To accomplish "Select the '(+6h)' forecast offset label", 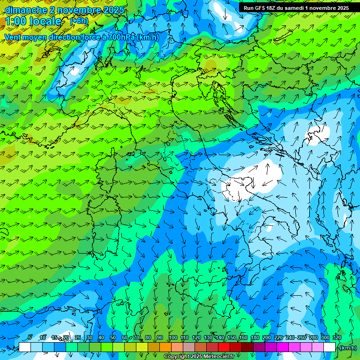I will (x=79, y=21).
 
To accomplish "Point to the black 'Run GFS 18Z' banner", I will (x=296, y=8).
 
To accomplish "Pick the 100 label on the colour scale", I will (x=173, y=338).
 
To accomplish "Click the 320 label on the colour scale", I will (x=337, y=338).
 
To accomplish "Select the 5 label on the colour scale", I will (x=30, y=338).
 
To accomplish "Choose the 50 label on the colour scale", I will (x=113, y=338).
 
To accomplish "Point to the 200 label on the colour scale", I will (x=267, y=338).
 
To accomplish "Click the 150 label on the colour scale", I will (x=232, y=338).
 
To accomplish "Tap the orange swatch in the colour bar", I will (x=165, y=347).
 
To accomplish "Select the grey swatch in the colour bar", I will (x=189, y=347).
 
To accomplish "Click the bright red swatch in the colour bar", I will (x=224, y=347).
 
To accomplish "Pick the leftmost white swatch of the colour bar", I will (x=25, y=347).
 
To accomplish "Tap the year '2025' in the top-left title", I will (x=113, y=10).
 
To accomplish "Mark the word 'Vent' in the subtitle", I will (x=13, y=37).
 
